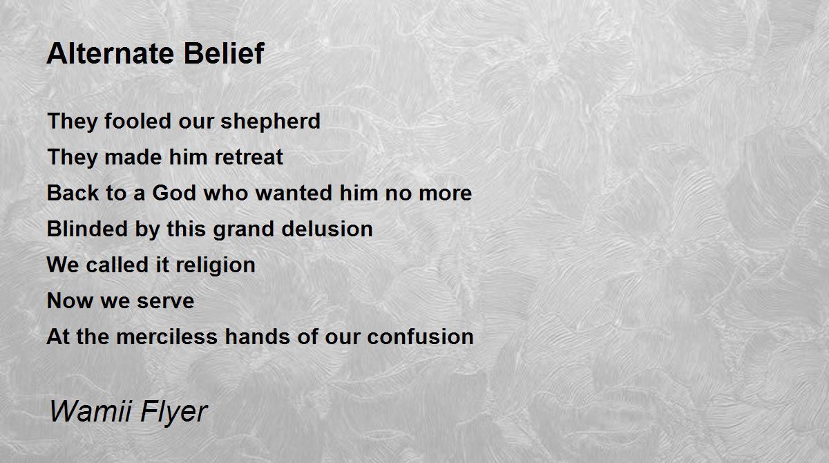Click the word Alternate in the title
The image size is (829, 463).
click(111, 53)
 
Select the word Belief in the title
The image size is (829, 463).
click(224, 53)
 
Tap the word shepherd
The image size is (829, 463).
click(271, 122)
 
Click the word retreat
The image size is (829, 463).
click(249, 158)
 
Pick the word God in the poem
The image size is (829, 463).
click(174, 193)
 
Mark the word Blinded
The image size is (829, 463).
click(87, 229)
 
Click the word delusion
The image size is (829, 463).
click(327, 229)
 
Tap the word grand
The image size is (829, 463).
click(243, 230)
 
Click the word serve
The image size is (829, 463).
click(165, 301)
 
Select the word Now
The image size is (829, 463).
click(70, 301)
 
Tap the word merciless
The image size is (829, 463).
click(167, 337)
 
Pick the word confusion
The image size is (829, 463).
click(421, 337)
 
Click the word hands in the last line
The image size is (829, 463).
click(257, 337)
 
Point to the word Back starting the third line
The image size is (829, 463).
click(73, 193)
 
